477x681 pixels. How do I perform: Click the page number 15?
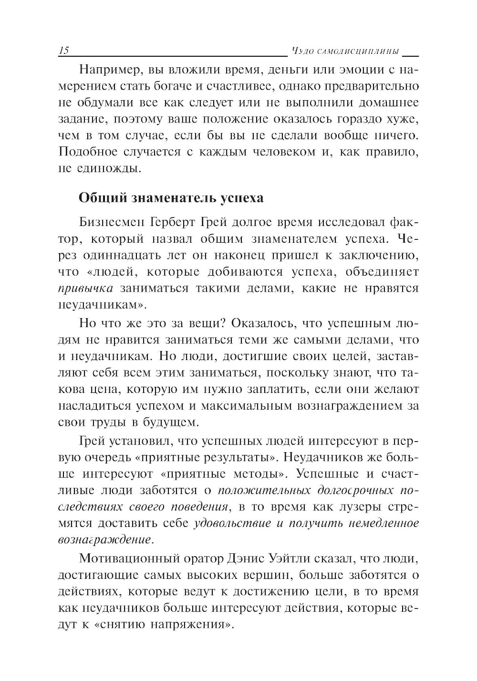pos(64,51)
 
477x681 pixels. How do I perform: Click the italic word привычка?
pos(85,288)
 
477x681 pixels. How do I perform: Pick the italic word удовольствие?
pos(233,523)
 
